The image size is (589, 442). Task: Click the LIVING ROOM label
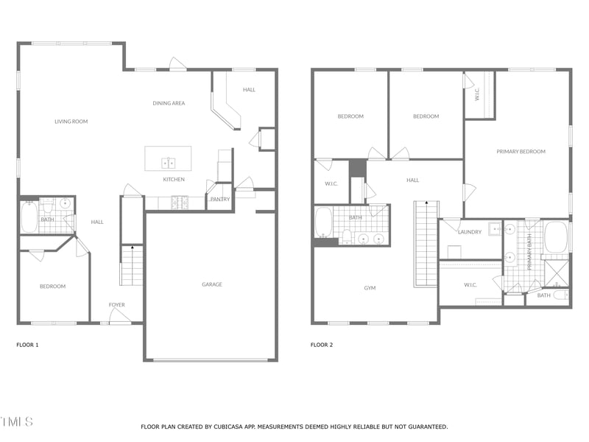click(71, 122)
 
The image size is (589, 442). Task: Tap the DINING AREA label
click(169, 103)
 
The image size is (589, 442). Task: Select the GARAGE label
click(212, 284)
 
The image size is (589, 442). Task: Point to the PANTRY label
click(219, 199)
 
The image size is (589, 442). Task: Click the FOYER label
click(117, 304)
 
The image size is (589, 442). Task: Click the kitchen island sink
click(168, 162)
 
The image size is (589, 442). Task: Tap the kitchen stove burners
click(180, 202)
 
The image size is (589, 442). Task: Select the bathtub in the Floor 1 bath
click(29, 216)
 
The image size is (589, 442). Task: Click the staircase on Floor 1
click(132, 265)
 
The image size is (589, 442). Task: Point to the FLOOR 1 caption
click(27, 345)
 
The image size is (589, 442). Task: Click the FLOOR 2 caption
click(322, 345)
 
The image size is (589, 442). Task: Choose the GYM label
click(370, 288)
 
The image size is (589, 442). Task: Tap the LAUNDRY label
click(470, 232)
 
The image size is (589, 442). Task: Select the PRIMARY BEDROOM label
click(521, 152)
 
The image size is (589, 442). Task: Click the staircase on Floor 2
click(426, 243)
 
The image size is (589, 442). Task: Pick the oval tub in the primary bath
click(556, 237)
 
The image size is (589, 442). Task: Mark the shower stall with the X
click(557, 273)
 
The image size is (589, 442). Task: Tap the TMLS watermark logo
click(16, 422)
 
